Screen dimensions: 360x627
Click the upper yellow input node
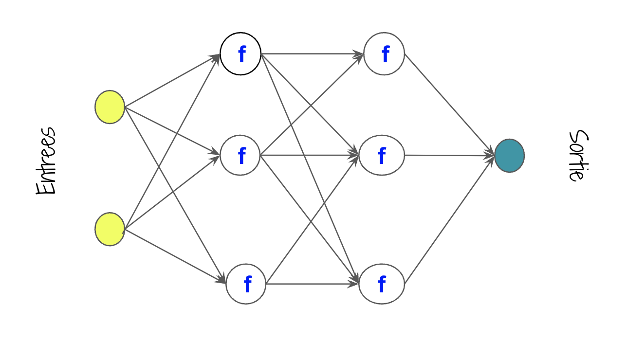coord(110,107)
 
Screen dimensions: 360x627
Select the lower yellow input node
coord(110,229)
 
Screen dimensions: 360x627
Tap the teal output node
coord(509,156)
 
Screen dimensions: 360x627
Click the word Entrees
coord(46,161)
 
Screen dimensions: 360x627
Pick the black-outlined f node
coord(240,54)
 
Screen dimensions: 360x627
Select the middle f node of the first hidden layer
coord(240,156)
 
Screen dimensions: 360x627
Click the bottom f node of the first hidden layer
coord(246,284)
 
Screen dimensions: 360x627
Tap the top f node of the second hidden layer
coord(384,54)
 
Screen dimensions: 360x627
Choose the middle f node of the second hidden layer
coord(382,156)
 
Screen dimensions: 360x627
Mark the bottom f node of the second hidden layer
coord(382,284)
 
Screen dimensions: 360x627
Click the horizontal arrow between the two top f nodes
coord(312,54)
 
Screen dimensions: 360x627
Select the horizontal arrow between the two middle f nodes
coord(310,156)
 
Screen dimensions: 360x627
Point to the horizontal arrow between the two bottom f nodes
coord(312,284)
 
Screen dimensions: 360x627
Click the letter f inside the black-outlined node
coord(241,55)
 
